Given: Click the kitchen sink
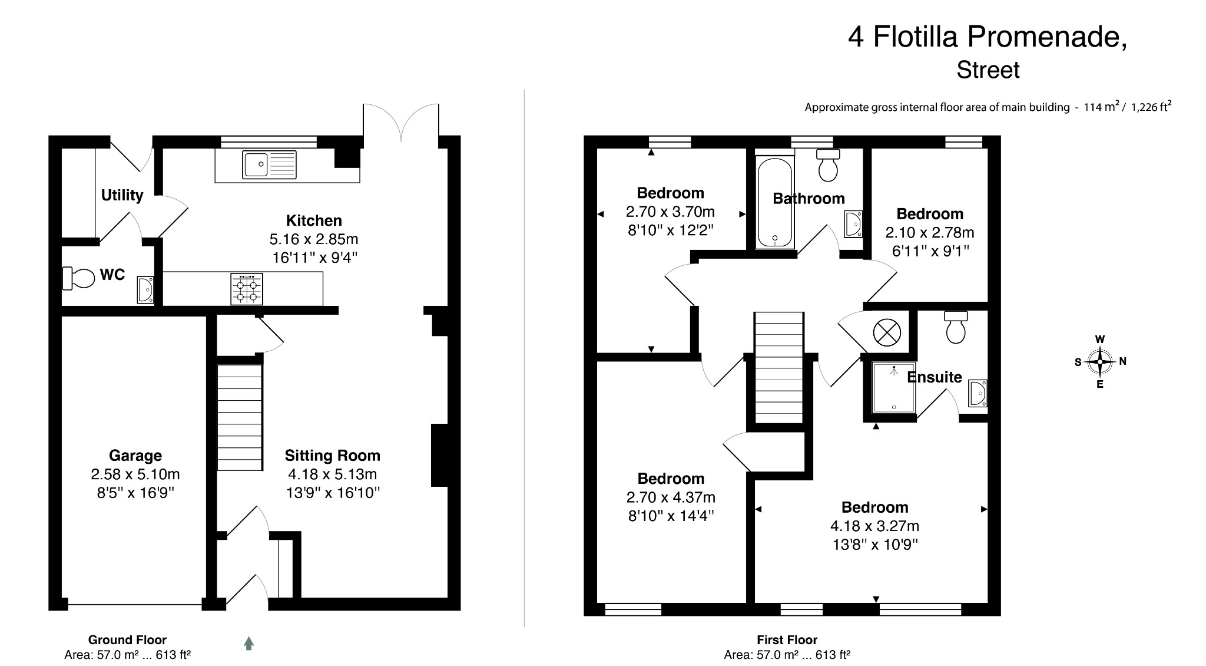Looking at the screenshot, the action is (x=269, y=164).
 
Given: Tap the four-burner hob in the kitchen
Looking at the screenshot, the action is (x=247, y=289).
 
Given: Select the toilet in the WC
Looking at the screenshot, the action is (x=78, y=278).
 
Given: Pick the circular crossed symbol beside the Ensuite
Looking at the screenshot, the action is (x=887, y=332).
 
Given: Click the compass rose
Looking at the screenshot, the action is (x=1099, y=362).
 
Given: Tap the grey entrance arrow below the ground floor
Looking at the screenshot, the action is (x=249, y=643).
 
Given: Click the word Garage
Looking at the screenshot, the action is (x=135, y=455).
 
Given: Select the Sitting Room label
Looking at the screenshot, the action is (x=332, y=455).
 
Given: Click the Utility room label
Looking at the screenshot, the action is (x=122, y=195).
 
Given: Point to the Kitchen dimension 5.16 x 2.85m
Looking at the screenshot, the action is (x=314, y=239).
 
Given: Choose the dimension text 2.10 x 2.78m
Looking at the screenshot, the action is (x=930, y=233).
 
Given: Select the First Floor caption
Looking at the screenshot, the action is (x=787, y=639).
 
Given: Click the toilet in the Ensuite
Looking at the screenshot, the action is (x=956, y=328).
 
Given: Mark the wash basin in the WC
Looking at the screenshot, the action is (x=145, y=289).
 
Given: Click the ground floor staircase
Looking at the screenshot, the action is (x=240, y=417).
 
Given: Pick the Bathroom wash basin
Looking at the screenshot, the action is (x=853, y=224).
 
